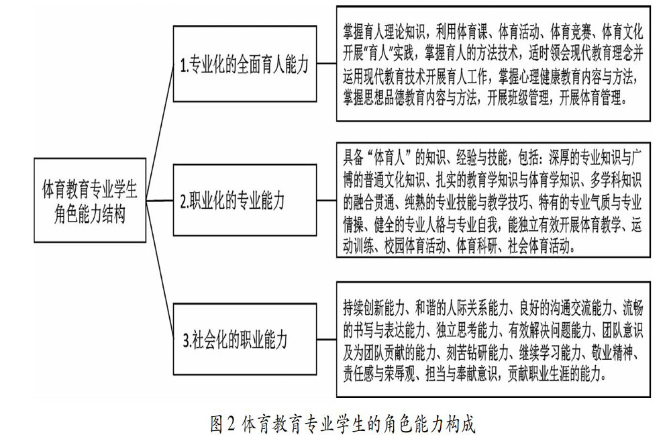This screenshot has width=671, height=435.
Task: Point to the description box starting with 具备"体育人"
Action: (x=493, y=200)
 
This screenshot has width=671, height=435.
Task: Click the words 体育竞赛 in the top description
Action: (x=570, y=32)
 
